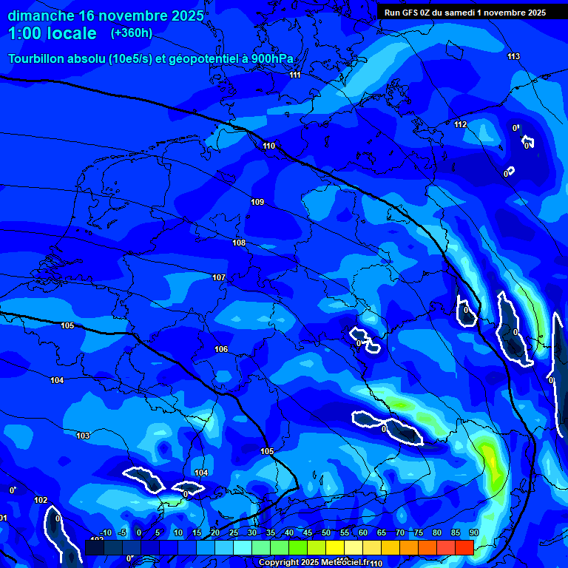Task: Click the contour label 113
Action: (514, 57)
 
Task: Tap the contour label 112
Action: (461, 124)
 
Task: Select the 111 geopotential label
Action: (295, 75)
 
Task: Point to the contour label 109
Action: (257, 202)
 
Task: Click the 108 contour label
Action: (239, 243)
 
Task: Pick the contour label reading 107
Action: (219, 277)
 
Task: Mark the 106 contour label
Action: (221, 349)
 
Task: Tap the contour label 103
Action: (83, 436)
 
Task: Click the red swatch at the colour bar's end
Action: (464, 547)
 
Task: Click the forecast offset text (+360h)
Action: (132, 33)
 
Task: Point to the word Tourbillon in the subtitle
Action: (36, 58)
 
